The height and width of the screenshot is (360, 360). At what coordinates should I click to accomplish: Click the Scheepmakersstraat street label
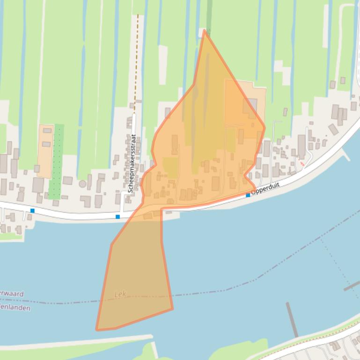(x=132, y=164)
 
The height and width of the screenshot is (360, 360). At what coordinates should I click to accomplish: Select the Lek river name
(x=120, y=295)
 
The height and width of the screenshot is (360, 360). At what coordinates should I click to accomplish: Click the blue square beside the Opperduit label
(x=248, y=195)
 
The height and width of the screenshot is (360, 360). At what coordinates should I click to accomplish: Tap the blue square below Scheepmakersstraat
(x=118, y=216)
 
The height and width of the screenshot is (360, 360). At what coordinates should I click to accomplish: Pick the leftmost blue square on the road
(x=32, y=211)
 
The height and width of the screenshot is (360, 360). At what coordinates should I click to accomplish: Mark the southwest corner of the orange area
(x=97, y=330)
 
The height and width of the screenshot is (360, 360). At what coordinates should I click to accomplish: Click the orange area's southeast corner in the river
(x=172, y=309)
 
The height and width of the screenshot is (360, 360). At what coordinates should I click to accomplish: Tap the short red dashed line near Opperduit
(x=302, y=164)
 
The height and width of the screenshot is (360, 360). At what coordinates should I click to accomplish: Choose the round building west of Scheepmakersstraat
(x=83, y=184)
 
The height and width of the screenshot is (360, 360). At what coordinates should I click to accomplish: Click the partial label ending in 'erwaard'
(x=12, y=294)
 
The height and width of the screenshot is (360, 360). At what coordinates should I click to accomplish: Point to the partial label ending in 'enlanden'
(x=15, y=308)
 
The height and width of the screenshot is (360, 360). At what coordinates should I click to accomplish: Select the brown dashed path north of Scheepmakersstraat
(x=136, y=61)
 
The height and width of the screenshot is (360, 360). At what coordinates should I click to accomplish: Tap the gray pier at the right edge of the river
(x=351, y=286)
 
